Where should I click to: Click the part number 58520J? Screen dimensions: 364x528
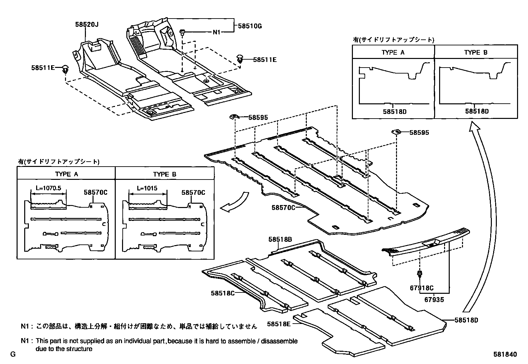[x=87, y=24]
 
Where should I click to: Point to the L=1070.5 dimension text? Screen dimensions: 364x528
[x=48, y=188]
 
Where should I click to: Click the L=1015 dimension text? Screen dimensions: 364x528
[x=147, y=188]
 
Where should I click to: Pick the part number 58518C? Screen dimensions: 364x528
[x=223, y=293]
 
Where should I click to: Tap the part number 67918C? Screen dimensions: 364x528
[x=422, y=288]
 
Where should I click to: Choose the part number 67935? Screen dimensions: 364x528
[x=434, y=300]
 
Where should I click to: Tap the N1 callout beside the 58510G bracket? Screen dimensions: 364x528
[x=217, y=32]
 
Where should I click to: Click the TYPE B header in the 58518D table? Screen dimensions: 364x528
[x=476, y=52]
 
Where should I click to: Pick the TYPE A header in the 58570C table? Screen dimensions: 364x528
[x=66, y=174]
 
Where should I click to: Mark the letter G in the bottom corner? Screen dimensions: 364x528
[x=13, y=354]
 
